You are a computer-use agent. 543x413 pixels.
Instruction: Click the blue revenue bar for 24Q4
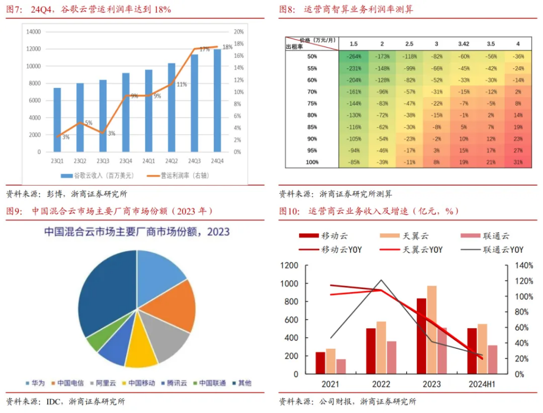tap(217, 101)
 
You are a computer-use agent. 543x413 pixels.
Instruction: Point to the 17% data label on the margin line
tap(205, 49)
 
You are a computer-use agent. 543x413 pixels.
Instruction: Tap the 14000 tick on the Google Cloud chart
tap(33, 32)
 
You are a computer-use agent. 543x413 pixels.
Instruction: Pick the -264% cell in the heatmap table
tap(354, 56)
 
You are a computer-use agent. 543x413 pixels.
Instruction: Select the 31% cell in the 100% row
tap(518, 162)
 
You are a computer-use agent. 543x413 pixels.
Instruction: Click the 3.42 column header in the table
tap(463, 43)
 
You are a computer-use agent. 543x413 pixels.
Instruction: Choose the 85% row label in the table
tap(312, 127)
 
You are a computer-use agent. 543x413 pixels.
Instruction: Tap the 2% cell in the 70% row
tap(518, 92)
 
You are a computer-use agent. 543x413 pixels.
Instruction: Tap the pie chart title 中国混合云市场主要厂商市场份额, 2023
tap(137, 232)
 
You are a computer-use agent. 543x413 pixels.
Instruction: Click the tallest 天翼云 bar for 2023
tap(432, 329)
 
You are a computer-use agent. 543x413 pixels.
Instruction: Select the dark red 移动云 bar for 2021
tap(320, 363)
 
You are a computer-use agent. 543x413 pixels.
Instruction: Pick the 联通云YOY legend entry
tap(502, 250)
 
